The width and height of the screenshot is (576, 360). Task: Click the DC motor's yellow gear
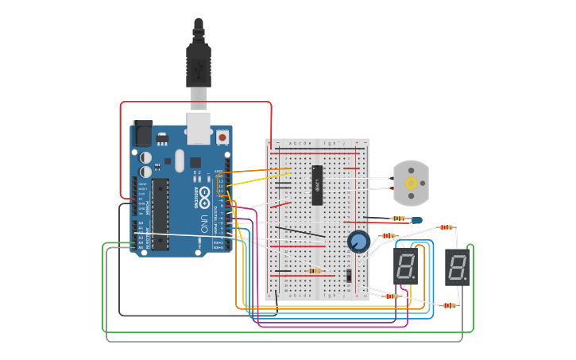[412, 183]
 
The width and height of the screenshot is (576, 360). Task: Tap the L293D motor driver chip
[317, 185]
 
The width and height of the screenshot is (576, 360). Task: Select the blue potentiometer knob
[358, 240]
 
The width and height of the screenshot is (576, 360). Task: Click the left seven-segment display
[405, 267]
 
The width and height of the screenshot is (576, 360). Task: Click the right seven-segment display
[457, 267]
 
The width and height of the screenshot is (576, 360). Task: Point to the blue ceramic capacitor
[416, 219]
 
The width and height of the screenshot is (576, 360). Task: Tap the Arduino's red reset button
[222, 137]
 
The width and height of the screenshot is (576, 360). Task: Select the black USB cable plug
[199, 64]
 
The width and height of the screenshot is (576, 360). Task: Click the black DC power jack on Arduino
[143, 133]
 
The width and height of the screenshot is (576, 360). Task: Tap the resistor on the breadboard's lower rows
[315, 271]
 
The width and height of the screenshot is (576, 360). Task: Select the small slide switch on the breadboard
[349, 275]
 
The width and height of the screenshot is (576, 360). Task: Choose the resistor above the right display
[446, 227]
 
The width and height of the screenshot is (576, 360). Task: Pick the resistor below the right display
[450, 305]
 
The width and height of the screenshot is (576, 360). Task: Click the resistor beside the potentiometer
[389, 235]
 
